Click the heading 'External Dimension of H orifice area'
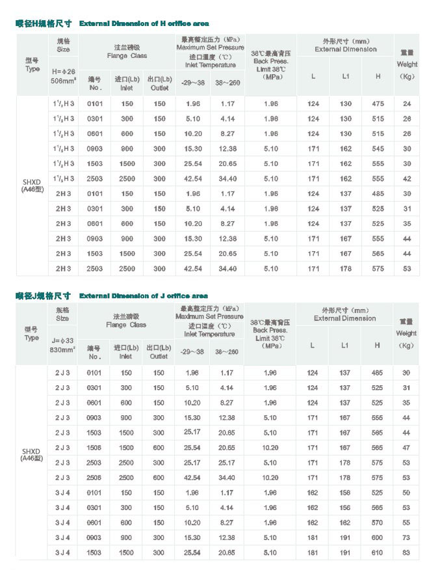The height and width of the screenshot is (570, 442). click(144, 23)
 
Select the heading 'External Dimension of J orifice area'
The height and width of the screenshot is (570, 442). click(144, 296)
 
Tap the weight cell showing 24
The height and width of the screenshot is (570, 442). click(407, 104)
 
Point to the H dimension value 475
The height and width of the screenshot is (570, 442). click(378, 104)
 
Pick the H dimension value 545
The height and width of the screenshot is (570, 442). click(378, 149)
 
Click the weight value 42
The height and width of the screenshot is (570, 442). click(407, 179)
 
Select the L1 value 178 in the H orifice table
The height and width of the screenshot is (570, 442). click(346, 269)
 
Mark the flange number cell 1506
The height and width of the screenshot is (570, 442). click(95, 448)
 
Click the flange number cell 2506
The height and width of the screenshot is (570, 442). click(95, 478)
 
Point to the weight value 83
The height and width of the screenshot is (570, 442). click(406, 552)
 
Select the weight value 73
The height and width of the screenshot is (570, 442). click(406, 537)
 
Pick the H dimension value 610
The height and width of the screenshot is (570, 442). click(377, 552)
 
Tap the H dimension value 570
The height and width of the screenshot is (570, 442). click(377, 522)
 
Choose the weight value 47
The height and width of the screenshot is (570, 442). click(406, 448)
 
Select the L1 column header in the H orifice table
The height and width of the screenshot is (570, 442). click(346, 76)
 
